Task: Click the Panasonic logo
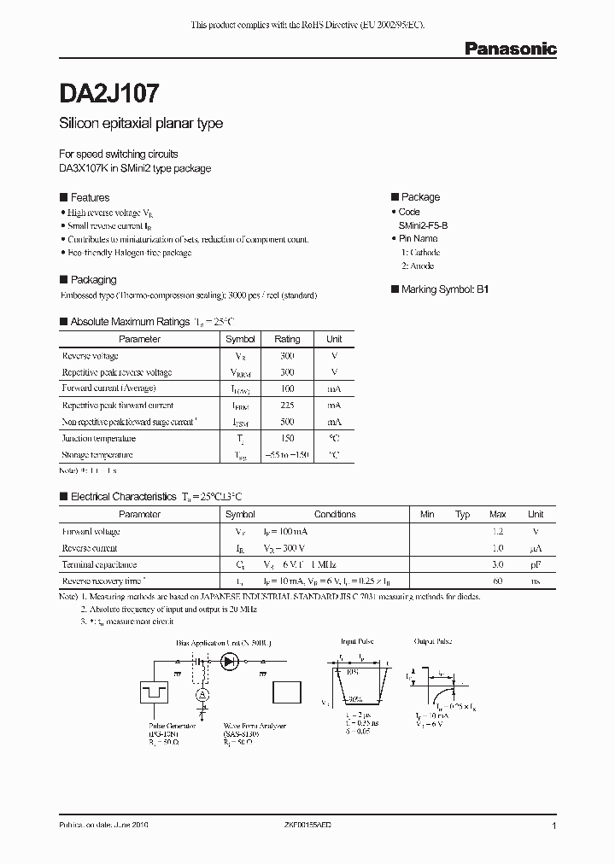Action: pos(510,50)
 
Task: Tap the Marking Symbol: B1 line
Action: pos(440,289)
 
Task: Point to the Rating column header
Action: pos(287,339)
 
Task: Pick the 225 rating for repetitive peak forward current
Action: pos(287,406)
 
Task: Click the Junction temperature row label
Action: pos(97,439)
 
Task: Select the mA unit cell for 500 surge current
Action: pos(334,422)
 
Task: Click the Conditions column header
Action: pos(335,514)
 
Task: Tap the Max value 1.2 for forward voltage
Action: pos(497,531)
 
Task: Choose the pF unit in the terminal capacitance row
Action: pos(536,564)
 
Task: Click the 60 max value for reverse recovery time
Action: pos(497,581)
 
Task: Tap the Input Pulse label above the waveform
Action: pos(358,641)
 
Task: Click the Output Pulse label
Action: pos(432,641)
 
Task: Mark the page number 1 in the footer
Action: pos(554,827)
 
